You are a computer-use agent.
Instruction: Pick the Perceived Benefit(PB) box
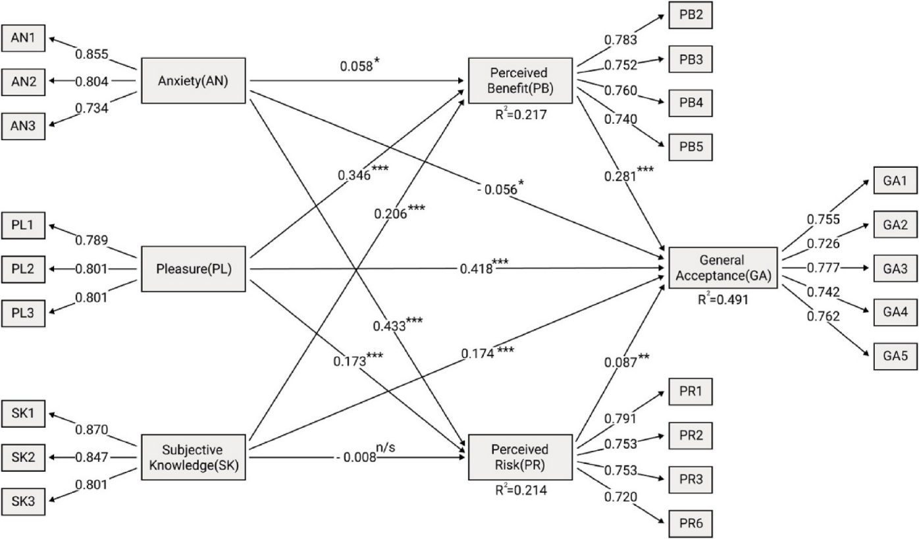pos(520,80)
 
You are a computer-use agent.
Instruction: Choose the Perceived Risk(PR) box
pos(520,457)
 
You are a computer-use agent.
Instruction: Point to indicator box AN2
pos(23,82)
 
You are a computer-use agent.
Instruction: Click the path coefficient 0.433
pos(389,324)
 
